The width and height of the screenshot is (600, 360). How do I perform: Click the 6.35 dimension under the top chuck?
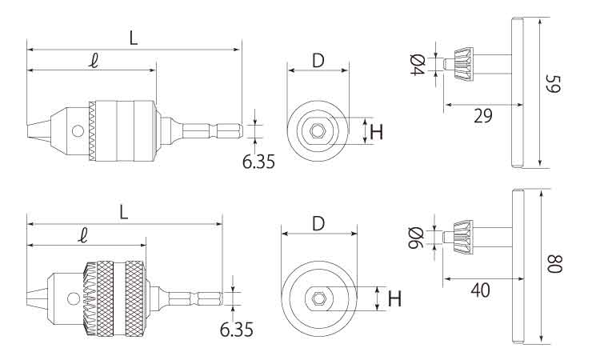tap(258, 162)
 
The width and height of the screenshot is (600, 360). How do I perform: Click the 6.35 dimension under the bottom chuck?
tap(237, 330)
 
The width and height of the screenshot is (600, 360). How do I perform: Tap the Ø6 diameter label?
tap(416, 238)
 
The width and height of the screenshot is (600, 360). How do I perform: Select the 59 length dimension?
tap(554, 84)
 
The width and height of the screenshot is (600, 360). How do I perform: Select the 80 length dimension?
tap(555, 263)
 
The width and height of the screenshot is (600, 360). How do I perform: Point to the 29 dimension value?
tap(483, 115)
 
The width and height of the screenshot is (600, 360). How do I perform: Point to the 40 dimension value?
tap(481, 290)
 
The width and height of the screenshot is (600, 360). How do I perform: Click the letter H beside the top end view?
tap(377, 132)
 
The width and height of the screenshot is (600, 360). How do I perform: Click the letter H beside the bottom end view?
tap(395, 298)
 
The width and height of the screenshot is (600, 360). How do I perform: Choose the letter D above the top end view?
tap(318, 61)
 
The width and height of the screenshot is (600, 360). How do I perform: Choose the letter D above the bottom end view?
tap(318, 224)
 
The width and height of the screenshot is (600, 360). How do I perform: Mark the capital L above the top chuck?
tap(133, 38)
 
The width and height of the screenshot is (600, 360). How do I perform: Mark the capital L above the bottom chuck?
tap(123, 213)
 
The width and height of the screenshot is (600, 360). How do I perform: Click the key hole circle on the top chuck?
tap(78, 131)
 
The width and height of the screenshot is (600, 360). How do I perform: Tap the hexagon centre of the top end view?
tap(317, 131)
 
